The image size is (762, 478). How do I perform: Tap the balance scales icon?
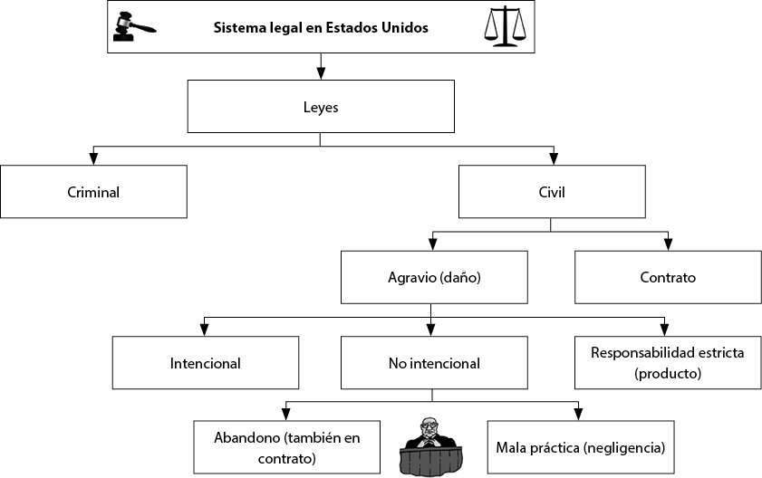coord(505,26)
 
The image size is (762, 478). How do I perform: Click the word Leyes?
coord(321,108)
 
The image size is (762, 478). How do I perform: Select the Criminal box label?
coord(93,192)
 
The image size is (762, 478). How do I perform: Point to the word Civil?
coord(552,192)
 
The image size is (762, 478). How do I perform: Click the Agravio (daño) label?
coord(434,277)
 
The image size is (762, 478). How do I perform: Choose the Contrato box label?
coord(668,277)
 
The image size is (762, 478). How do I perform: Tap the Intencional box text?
coord(205,363)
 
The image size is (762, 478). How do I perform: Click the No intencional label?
coord(434,363)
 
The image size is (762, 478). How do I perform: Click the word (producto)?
coord(668,374)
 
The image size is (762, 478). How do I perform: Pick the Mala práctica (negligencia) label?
coord(580,447)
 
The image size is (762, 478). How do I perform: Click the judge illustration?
coord(431,446)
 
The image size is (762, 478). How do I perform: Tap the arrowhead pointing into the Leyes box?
coord(321,73)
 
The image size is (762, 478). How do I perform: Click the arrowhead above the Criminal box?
coord(93,158)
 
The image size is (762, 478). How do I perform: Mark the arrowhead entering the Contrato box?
coord(668,244)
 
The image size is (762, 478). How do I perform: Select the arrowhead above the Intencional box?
coord(204,330)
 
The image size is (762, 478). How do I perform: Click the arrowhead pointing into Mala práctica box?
coord(578,415)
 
